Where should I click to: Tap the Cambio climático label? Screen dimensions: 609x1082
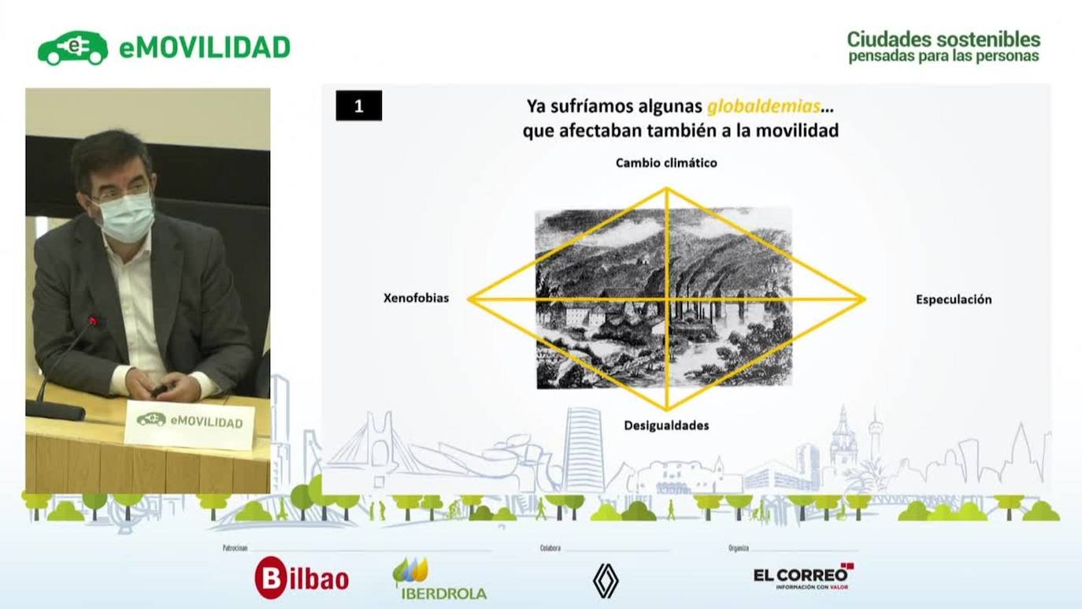[666, 163]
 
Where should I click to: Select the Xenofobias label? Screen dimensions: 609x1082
[416, 299]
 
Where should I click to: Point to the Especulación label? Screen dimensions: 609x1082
[953, 299]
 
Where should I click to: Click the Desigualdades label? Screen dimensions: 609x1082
[666, 425]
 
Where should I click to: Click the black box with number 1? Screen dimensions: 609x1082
[359, 106]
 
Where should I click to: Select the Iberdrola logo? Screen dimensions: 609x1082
[439, 579]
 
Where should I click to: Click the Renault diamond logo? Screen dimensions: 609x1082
[606, 581]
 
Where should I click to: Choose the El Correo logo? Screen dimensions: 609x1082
[803, 577]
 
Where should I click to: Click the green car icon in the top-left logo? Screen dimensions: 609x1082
[72, 49]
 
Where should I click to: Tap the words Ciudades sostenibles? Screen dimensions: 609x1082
[943, 39]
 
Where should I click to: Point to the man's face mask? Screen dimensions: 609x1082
[125, 217]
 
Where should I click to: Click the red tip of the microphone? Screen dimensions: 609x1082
[94, 321]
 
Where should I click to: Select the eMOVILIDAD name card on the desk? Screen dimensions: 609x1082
[189, 423]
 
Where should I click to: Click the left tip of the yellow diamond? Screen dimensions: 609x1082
[469, 299]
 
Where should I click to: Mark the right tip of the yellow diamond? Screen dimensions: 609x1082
[865, 299]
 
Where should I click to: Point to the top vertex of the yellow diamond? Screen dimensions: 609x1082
[666, 188]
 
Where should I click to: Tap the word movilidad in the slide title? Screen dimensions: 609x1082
[797, 131]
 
